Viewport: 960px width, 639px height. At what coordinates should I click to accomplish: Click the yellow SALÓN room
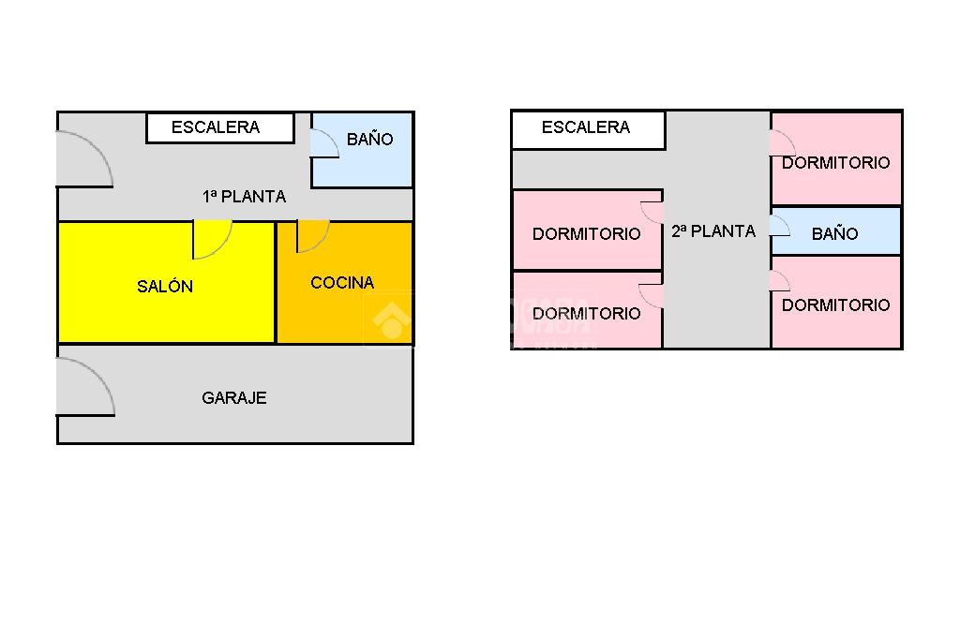(x=166, y=286)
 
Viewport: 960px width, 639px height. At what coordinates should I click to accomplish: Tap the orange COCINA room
(x=342, y=282)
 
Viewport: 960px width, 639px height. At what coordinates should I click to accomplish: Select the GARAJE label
(x=234, y=398)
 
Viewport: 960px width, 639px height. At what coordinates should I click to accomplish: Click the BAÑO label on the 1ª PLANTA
(x=369, y=140)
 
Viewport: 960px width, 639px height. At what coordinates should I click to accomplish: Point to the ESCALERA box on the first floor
(x=219, y=127)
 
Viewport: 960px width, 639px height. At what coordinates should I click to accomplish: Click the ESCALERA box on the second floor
(x=587, y=128)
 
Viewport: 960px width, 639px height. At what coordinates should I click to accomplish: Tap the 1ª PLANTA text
(x=244, y=197)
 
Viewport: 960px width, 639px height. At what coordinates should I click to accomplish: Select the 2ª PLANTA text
(x=713, y=231)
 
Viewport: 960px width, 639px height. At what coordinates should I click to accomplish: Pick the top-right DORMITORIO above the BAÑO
(x=836, y=161)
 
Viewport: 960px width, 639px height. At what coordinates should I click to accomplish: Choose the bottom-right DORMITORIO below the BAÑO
(x=836, y=305)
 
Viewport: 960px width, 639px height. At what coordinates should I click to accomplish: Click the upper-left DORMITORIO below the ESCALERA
(x=586, y=233)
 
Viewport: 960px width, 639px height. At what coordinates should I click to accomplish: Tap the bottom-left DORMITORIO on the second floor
(x=586, y=313)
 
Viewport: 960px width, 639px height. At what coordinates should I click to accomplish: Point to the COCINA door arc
(x=312, y=235)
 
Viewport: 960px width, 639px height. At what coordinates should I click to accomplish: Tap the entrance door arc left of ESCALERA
(x=85, y=159)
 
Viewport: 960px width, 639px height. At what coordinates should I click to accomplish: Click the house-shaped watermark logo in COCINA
(x=391, y=319)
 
